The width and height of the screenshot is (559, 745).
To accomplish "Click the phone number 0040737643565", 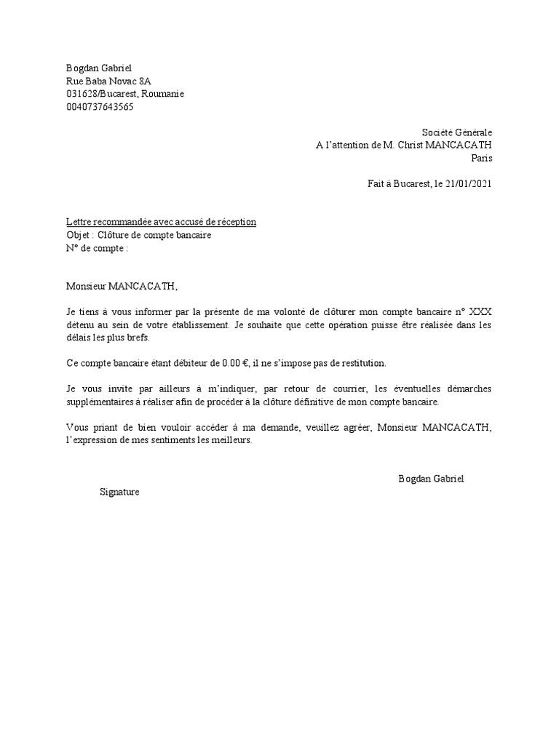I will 100,107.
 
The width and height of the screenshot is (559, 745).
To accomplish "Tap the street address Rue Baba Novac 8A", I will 109,81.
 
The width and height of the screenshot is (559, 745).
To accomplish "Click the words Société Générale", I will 456,132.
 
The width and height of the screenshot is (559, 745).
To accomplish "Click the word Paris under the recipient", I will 481,158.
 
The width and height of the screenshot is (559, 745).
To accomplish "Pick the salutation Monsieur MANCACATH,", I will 122,287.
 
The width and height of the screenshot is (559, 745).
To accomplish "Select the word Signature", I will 119,493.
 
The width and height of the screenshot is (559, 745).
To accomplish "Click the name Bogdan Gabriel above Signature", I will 431,479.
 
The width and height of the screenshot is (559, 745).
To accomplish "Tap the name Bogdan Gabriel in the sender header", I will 99,68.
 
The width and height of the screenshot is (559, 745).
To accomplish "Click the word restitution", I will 362,363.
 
